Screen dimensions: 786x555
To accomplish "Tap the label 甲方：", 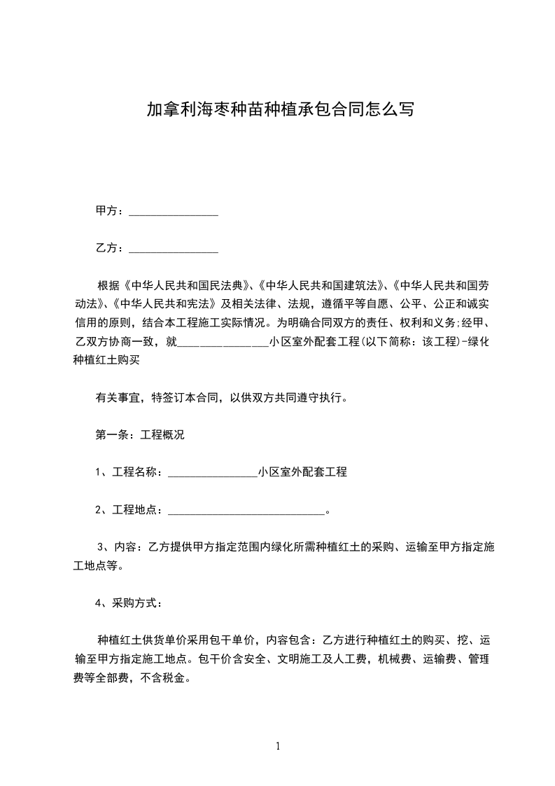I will pyautogui.click(x=111, y=211).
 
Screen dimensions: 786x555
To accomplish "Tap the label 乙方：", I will pyautogui.click(x=111, y=248).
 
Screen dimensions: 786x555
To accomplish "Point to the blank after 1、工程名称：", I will pyautogui.click(x=213, y=473).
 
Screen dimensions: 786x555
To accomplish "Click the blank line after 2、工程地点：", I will pyautogui.click(x=246, y=511).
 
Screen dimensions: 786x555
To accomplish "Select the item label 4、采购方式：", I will pyautogui.click(x=129, y=602).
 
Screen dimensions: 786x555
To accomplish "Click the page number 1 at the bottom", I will pyautogui.click(x=278, y=746).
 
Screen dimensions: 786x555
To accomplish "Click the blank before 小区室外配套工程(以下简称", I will pyautogui.click(x=223, y=343).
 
